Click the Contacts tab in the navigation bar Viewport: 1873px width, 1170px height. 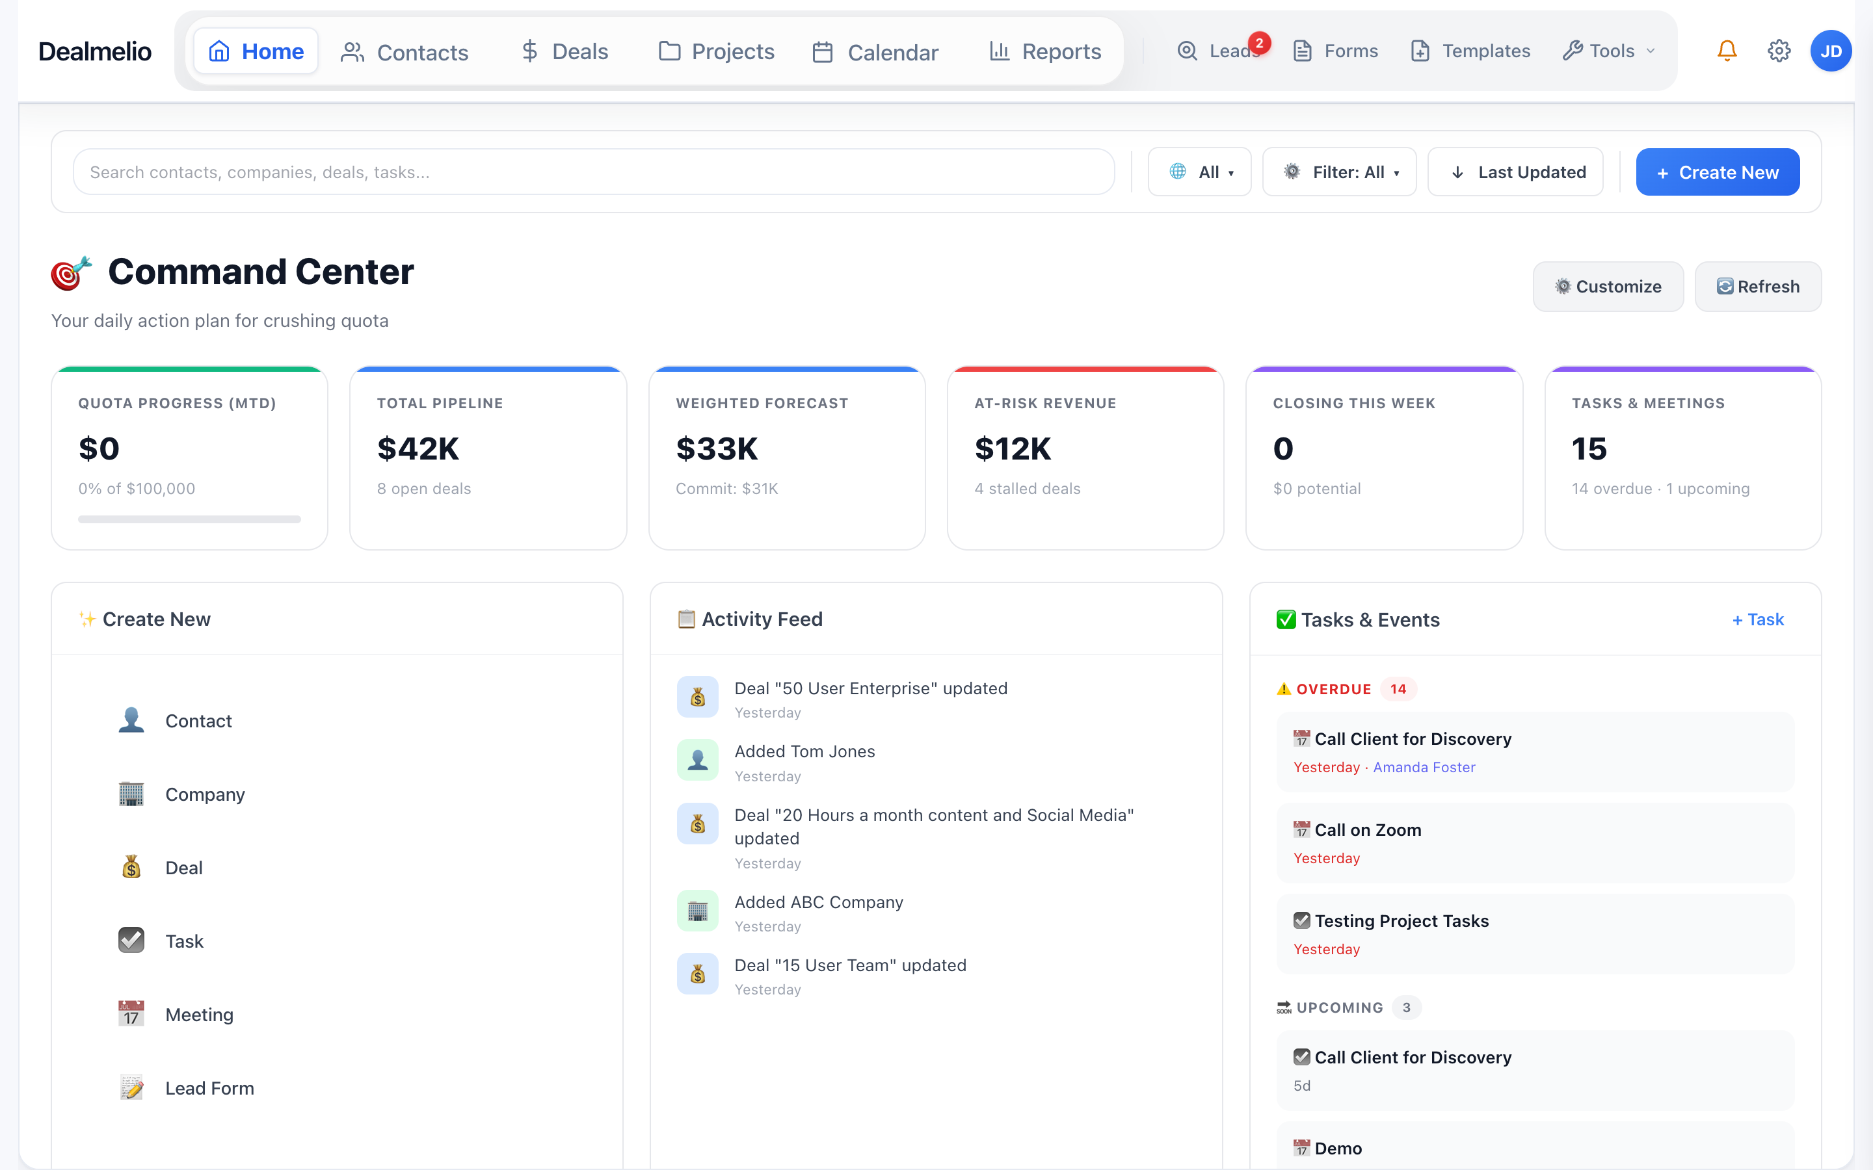[x=405, y=52]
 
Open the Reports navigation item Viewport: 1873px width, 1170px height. [x=1045, y=52]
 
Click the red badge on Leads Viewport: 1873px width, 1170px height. [x=1259, y=44]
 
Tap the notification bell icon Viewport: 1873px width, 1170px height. [x=1727, y=51]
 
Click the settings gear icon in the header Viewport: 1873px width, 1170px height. [x=1779, y=51]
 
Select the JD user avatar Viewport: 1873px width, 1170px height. [x=1831, y=51]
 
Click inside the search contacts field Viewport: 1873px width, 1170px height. [x=593, y=172]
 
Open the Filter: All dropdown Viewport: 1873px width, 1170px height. [x=1339, y=172]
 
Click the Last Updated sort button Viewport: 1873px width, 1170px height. [x=1515, y=172]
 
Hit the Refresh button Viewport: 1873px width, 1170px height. [x=1758, y=286]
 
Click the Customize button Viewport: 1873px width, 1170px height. [x=1608, y=286]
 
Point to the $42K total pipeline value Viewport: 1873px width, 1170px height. [x=418, y=448]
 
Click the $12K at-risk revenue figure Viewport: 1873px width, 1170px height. [x=1013, y=448]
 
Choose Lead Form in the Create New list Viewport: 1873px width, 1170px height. [x=209, y=1088]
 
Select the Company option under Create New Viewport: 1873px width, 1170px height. [x=204, y=795]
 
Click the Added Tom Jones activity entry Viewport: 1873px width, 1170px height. [x=804, y=751]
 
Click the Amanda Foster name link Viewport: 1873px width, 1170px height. [x=1424, y=767]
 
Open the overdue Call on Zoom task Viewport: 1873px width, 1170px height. [x=1368, y=830]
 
